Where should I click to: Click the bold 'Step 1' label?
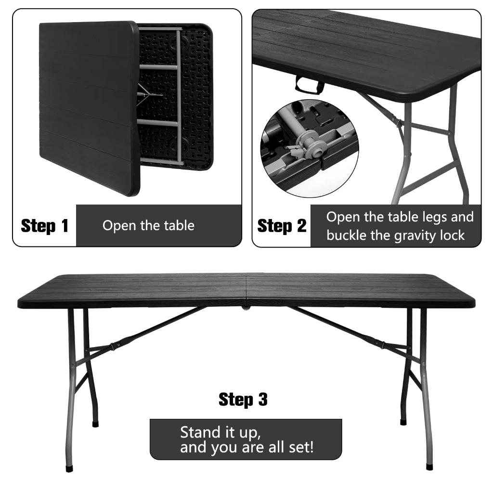pyautogui.click(x=45, y=226)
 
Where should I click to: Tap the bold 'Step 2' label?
pyautogui.click(x=282, y=226)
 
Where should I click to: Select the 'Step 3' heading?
pyautogui.click(x=243, y=399)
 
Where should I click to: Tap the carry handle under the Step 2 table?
pyautogui.click(x=310, y=85)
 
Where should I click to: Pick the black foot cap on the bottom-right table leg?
pyautogui.click(x=429, y=466)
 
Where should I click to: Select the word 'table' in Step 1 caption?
pyautogui.click(x=178, y=225)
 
